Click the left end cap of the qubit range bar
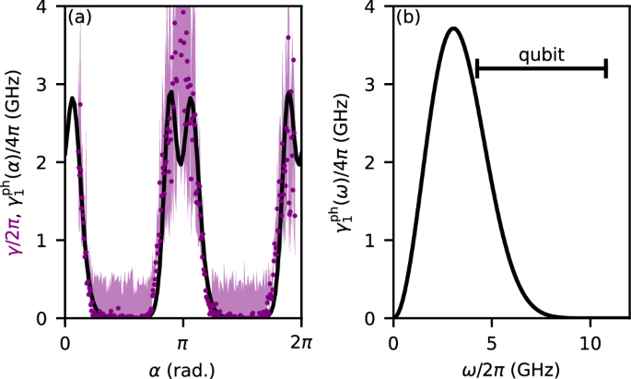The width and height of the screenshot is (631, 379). click(477, 67)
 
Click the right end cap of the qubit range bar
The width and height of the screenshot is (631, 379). click(606, 67)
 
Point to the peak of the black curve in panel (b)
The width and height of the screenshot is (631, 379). click(453, 29)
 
